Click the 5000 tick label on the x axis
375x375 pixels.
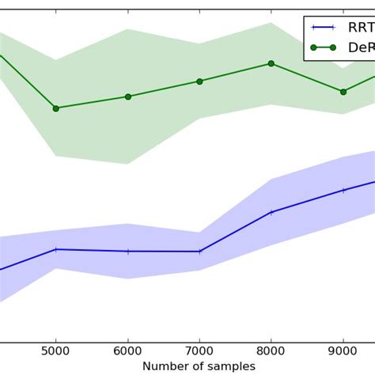(x=55, y=351)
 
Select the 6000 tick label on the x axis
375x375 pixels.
(x=127, y=351)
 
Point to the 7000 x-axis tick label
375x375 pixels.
(x=199, y=351)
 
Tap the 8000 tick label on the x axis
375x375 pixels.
(x=271, y=351)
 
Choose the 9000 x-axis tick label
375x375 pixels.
(x=343, y=351)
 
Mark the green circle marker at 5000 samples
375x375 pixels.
(x=55, y=108)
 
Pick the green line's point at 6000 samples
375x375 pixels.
(x=127, y=97)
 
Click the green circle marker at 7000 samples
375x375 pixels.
(x=199, y=81)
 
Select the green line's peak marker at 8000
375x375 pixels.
(x=271, y=63)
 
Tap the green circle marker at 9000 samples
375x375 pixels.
(x=343, y=92)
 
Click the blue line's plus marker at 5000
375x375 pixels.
(x=55, y=249)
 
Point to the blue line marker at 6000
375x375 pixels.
(x=127, y=252)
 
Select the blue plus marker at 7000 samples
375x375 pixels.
(x=199, y=252)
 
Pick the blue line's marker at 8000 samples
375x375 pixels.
(x=271, y=212)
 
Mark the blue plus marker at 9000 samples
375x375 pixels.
(x=343, y=190)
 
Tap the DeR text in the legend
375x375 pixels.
(x=361, y=48)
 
